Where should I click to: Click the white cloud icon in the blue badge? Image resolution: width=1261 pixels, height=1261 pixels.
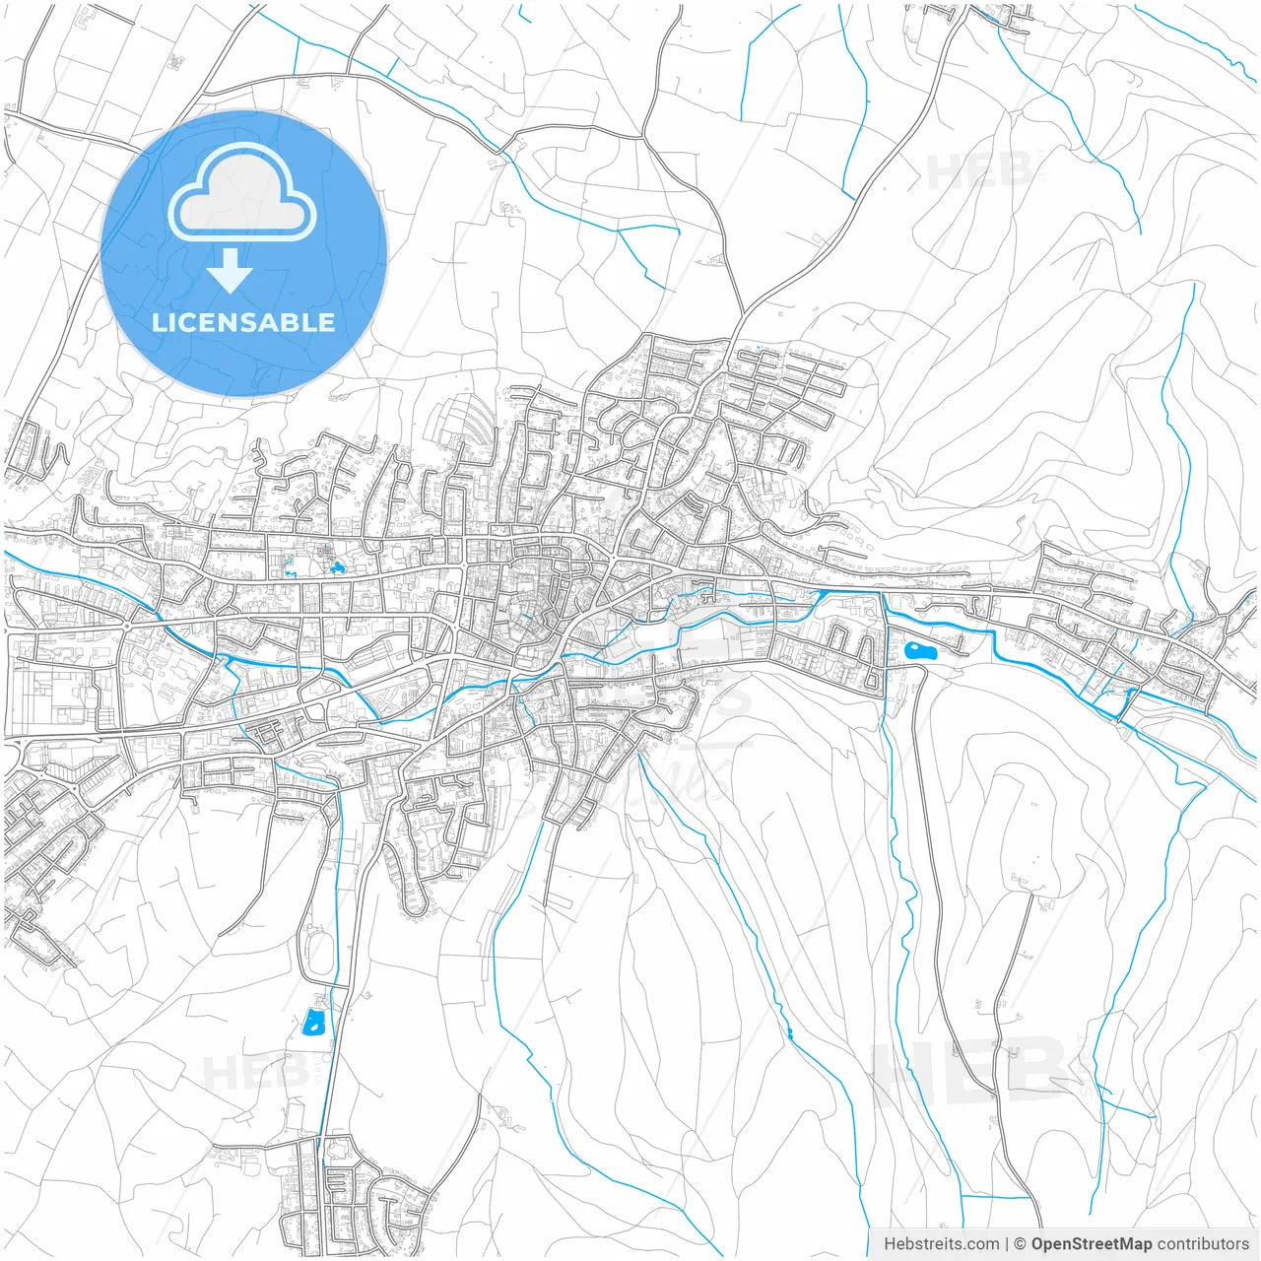point(241,194)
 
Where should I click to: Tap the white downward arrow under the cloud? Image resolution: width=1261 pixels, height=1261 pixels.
point(230,271)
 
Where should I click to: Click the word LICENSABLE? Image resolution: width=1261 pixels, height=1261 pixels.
point(243,322)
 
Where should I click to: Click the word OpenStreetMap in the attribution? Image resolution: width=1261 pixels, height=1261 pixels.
point(1091,1243)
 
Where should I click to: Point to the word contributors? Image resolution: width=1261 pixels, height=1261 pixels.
point(1203,1243)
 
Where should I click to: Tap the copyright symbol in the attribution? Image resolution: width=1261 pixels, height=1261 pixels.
point(1020,1243)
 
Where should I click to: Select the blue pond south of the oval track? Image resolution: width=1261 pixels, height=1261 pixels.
point(313,1022)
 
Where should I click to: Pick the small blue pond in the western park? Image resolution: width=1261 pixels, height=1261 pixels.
point(338,567)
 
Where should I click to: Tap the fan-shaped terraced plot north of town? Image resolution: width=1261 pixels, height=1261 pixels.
point(459,424)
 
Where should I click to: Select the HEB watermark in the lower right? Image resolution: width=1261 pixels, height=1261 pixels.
point(970,1071)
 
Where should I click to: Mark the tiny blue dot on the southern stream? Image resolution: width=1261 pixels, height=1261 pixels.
point(790,1033)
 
